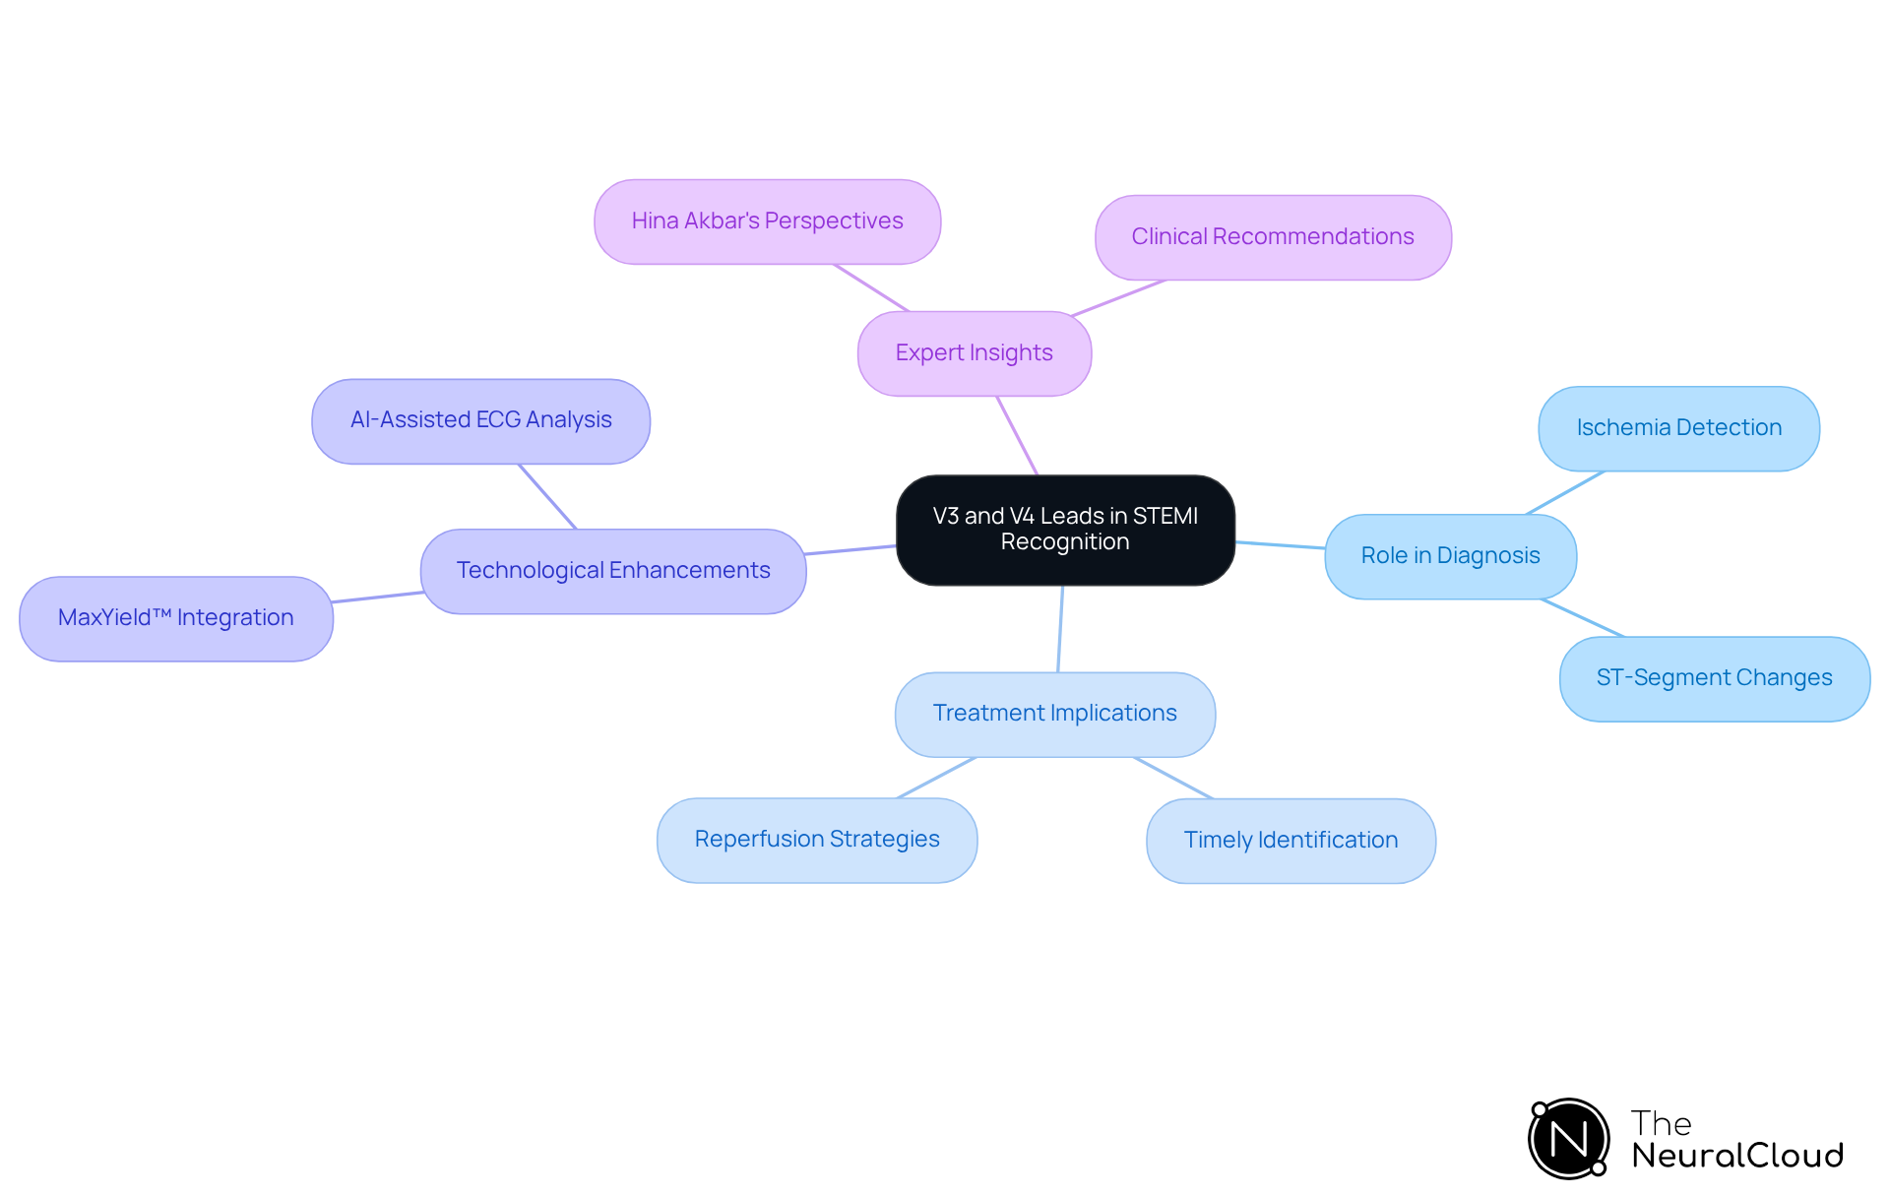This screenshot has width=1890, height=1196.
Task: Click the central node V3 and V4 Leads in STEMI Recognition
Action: [1065, 530]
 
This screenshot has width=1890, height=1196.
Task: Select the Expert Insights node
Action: [974, 353]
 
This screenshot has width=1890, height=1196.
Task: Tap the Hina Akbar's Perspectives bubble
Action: [767, 221]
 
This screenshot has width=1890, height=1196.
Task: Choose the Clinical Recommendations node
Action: [1272, 237]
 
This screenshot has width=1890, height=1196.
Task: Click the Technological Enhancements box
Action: [612, 571]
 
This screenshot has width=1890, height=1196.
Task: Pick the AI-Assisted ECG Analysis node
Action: [480, 420]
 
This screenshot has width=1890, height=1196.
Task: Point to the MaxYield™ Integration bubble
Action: [175, 618]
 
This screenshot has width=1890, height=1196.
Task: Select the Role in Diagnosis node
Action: [1450, 556]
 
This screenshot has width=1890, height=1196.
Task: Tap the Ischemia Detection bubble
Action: [1678, 428]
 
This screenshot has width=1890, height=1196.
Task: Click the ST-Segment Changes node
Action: [1714, 678]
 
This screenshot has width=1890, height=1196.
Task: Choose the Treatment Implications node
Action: [1054, 714]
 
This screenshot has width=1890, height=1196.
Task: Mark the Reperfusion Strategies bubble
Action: [816, 840]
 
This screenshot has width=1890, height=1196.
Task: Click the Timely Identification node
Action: [1291, 841]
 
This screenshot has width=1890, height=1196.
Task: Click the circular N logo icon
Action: [1568, 1139]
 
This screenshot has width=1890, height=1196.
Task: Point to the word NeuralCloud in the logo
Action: [1736, 1156]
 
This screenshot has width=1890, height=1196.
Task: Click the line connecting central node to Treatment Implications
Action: [1060, 629]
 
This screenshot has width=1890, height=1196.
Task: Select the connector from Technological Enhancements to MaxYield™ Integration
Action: [377, 597]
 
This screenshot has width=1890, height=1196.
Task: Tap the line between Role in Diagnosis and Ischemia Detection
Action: [1565, 492]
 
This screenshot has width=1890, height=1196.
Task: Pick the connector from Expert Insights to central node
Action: [1017, 435]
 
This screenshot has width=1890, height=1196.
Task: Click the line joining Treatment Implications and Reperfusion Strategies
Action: [936, 778]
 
